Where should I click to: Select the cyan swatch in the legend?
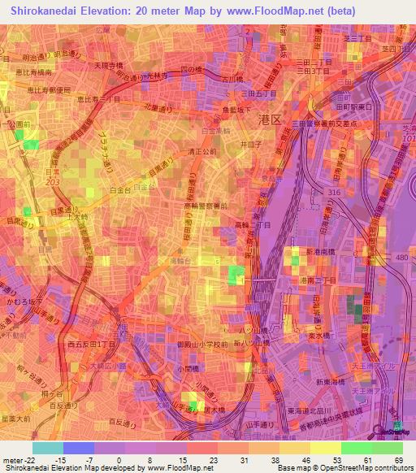47,448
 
